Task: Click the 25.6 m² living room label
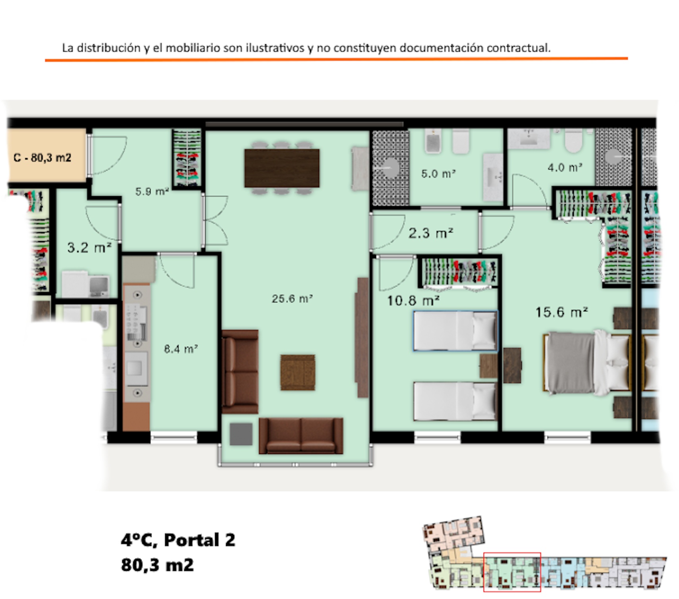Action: [292, 298]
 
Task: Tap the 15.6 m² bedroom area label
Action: [561, 312]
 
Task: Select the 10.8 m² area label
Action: [413, 301]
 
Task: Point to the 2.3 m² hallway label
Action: [431, 233]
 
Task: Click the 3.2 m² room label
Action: [89, 247]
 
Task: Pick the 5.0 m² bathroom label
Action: [438, 174]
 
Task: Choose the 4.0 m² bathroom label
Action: [565, 167]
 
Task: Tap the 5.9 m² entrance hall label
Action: [152, 191]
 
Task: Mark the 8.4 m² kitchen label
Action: [181, 349]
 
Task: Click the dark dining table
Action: [282, 168]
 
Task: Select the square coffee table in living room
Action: [298, 373]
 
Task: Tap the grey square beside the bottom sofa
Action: [241, 434]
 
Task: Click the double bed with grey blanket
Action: [586, 363]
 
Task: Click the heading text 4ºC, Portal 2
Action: [178, 540]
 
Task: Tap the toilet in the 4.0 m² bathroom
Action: [573, 141]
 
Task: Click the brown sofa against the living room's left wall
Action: [240, 372]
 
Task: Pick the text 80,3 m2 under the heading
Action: [157, 565]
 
